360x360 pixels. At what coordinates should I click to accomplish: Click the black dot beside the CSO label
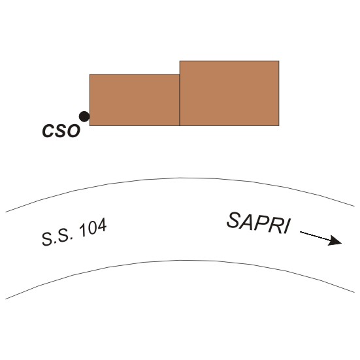(x=84, y=116)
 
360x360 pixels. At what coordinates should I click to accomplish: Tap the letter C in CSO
(x=48, y=131)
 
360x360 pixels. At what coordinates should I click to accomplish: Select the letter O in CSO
(x=73, y=131)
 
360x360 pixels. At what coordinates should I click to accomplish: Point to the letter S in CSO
(x=60, y=131)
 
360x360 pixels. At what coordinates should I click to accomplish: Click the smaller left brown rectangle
(x=135, y=100)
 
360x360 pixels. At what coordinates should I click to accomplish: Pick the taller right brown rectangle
(x=229, y=93)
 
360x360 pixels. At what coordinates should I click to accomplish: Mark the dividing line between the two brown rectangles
(x=180, y=100)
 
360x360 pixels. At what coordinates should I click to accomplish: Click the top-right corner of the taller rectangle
(x=279, y=61)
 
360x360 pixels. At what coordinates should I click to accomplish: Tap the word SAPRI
(x=259, y=223)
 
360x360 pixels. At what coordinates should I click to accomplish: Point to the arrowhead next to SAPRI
(x=335, y=241)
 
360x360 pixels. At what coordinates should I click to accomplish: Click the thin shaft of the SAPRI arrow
(x=315, y=237)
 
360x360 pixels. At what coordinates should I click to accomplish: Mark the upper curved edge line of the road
(x=180, y=178)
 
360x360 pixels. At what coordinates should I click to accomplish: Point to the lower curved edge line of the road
(x=180, y=260)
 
